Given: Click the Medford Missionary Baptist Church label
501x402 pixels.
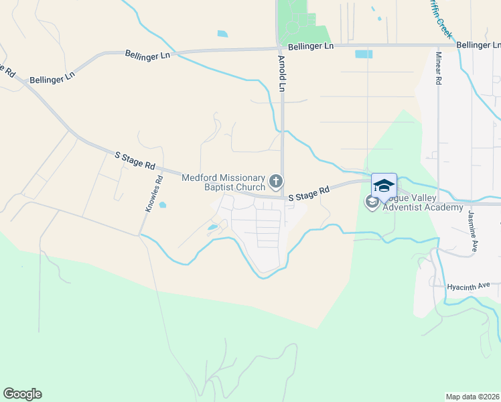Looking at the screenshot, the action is (224, 182).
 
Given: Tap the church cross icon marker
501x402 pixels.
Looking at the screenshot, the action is (275, 182).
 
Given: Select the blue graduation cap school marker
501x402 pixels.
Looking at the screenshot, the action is (384, 186).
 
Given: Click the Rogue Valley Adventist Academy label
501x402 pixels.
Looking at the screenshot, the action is (423, 202).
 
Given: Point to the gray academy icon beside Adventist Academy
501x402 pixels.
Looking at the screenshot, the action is (372, 201).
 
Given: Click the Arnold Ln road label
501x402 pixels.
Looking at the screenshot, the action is (282, 74).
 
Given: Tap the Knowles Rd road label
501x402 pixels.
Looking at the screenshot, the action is (153, 194).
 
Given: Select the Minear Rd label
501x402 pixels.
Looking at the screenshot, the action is (439, 68).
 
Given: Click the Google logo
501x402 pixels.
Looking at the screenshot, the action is (22, 394).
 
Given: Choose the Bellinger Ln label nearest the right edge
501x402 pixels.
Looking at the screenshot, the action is (478, 45).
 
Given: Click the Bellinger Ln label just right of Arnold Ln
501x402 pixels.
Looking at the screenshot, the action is (311, 47).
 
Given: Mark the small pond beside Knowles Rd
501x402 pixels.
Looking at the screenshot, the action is (163, 205).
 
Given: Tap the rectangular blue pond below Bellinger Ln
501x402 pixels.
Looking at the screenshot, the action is (363, 54).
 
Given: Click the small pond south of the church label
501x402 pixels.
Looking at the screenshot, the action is (212, 228).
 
